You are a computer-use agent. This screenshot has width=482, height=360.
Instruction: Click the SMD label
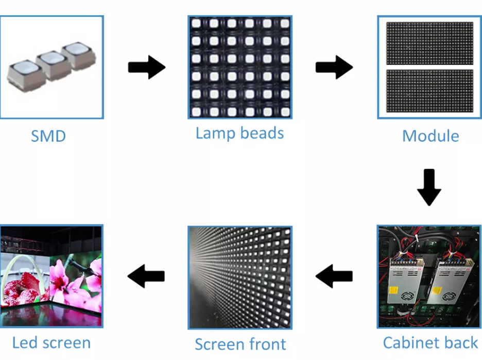click(48, 136)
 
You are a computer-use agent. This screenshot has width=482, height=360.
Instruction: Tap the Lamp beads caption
click(239, 133)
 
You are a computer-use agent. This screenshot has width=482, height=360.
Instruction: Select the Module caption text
click(430, 136)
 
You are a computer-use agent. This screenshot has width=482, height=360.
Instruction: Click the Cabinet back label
click(430, 342)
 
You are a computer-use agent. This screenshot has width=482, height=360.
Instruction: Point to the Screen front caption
click(240, 344)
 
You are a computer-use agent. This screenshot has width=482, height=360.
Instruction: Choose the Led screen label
click(51, 342)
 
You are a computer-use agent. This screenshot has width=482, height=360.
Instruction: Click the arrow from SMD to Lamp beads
click(146, 67)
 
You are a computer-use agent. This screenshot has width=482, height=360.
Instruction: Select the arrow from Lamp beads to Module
click(334, 67)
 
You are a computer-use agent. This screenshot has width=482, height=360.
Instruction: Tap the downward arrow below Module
click(429, 187)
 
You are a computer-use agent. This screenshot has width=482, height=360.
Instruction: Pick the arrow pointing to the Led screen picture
click(146, 277)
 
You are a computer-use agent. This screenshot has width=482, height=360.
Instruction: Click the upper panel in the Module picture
click(429, 43)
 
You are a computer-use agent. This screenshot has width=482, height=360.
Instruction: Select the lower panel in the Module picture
click(429, 91)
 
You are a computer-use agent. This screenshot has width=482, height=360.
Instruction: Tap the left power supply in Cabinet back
click(405, 281)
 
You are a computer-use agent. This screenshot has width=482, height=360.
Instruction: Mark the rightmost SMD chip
click(78, 56)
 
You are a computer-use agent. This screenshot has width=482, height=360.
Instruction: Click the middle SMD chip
click(51, 63)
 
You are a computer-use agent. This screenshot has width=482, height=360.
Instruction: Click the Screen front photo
click(240, 277)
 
